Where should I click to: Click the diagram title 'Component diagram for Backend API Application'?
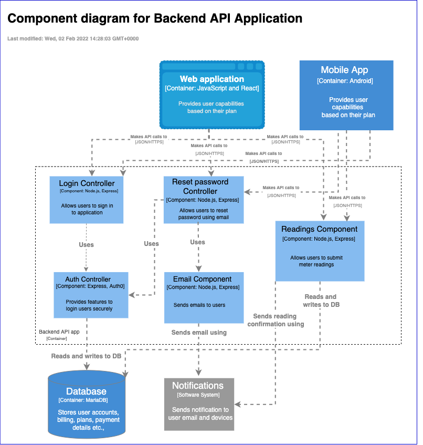[155, 19]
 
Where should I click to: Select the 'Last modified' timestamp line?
[73, 39]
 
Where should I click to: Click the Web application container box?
[211, 95]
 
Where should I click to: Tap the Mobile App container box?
[346, 95]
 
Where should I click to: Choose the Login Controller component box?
[87, 200]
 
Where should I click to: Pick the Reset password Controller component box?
[204, 200]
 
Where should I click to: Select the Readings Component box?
[320, 251]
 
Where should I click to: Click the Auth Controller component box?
[91, 295]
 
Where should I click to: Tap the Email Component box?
[204, 297]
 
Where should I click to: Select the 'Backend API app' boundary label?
[59, 332]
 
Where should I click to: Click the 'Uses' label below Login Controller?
[86, 244]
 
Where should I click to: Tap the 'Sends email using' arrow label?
[199, 333]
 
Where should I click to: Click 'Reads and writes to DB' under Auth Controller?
[86, 356]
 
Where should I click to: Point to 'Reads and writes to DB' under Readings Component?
[320, 301]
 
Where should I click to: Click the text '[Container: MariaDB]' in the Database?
[86, 400]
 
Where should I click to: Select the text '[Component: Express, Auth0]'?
[91, 286]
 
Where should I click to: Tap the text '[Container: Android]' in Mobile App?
[345, 81]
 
